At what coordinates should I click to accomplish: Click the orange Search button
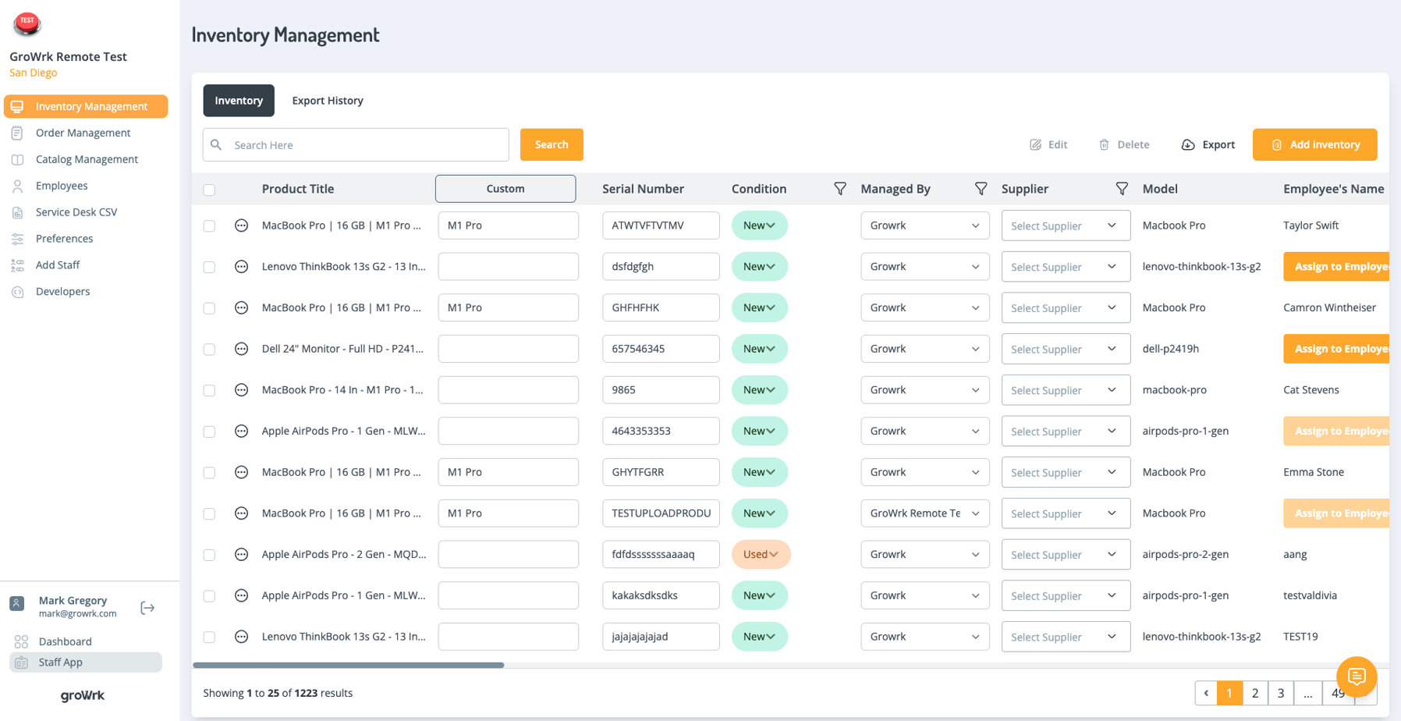552,144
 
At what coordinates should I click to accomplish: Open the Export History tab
328,101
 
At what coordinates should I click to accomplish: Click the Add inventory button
1314,144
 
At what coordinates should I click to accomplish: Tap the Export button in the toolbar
1208,144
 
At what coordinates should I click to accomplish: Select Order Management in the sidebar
83,133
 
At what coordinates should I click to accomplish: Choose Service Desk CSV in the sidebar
76,212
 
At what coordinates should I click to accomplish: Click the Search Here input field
367,145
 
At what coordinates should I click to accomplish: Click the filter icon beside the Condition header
840,189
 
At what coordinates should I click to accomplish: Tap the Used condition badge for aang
761,554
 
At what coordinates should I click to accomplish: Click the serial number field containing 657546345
660,349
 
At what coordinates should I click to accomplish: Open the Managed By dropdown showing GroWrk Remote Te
924,513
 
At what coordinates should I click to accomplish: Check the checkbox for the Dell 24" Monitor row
209,350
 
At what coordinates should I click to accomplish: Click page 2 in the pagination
1255,693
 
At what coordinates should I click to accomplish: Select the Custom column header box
505,189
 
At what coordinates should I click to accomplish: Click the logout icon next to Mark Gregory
147,608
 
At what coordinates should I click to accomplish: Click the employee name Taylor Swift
1311,226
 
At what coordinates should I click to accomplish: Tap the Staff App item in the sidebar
60,662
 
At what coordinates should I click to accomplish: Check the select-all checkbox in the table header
209,190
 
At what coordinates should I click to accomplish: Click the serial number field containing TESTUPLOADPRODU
660,513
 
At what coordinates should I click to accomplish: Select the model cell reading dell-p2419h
1170,349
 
